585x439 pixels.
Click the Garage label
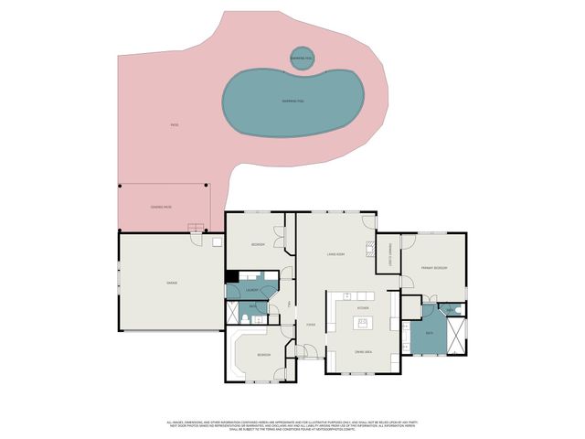point(171,283)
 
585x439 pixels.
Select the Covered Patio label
point(161,208)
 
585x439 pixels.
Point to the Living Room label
point(335,253)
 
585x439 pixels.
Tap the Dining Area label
point(363,351)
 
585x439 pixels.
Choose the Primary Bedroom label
point(434,267)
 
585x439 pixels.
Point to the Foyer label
point(311,324)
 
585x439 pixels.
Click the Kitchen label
point(363,308)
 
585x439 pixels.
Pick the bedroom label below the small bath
point(264,354)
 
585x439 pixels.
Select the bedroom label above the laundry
point(259,245)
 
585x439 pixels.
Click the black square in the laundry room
point(232,277)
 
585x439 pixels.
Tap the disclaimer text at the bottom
point(292,426)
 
